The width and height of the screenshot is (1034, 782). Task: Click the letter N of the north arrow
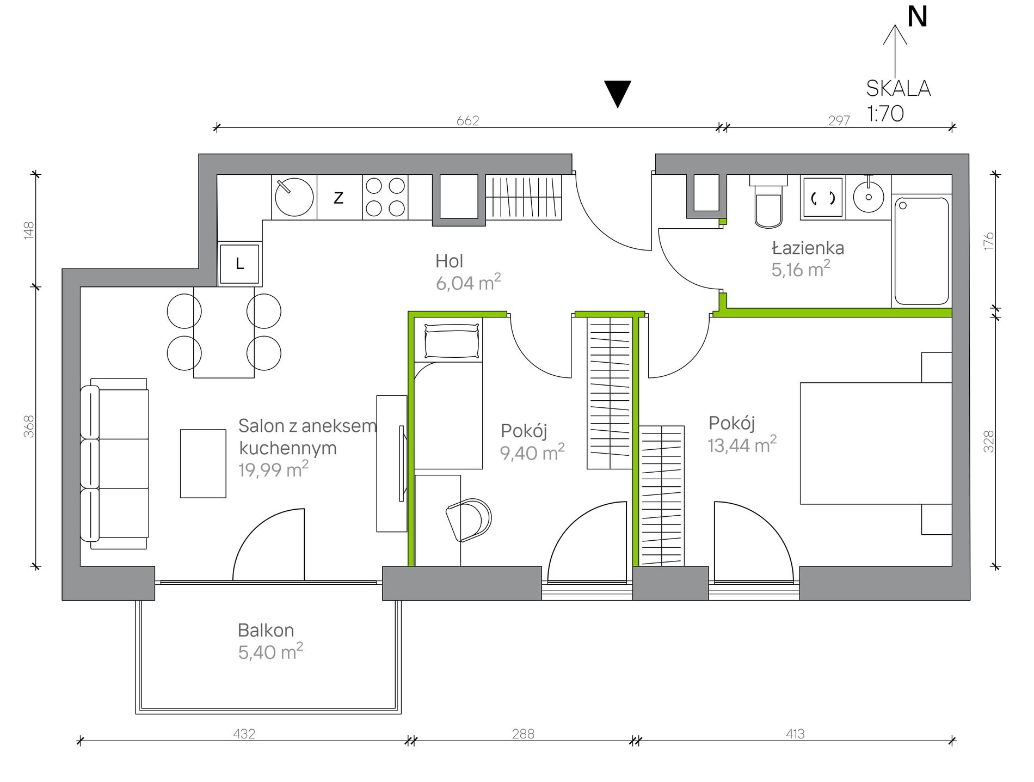[x=918, y=17]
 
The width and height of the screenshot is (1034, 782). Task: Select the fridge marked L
[x=239, y=264]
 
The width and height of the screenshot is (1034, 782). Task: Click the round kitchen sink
[x=294, y=197]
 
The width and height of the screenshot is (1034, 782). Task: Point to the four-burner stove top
[x=385, y=197]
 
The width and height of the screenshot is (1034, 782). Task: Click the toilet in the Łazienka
[x=768, y=201]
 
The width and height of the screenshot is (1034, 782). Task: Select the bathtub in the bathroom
[x=921, y=251]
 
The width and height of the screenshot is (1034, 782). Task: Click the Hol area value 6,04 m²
[x=468, y=282]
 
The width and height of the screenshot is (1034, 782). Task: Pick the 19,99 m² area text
[x=273, y=469]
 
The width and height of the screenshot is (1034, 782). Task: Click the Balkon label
[x=266, y=630]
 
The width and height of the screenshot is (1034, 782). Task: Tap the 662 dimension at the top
[x=468, y=120]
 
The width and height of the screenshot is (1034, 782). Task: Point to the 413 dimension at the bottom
[x=795, y=734]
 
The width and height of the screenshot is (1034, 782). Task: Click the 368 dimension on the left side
[x=29, y=426]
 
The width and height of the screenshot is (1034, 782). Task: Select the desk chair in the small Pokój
[x=469, y=520]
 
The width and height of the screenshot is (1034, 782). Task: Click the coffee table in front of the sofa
[x=203, y=463]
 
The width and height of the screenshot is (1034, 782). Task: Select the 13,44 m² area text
[x=742, y=444]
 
